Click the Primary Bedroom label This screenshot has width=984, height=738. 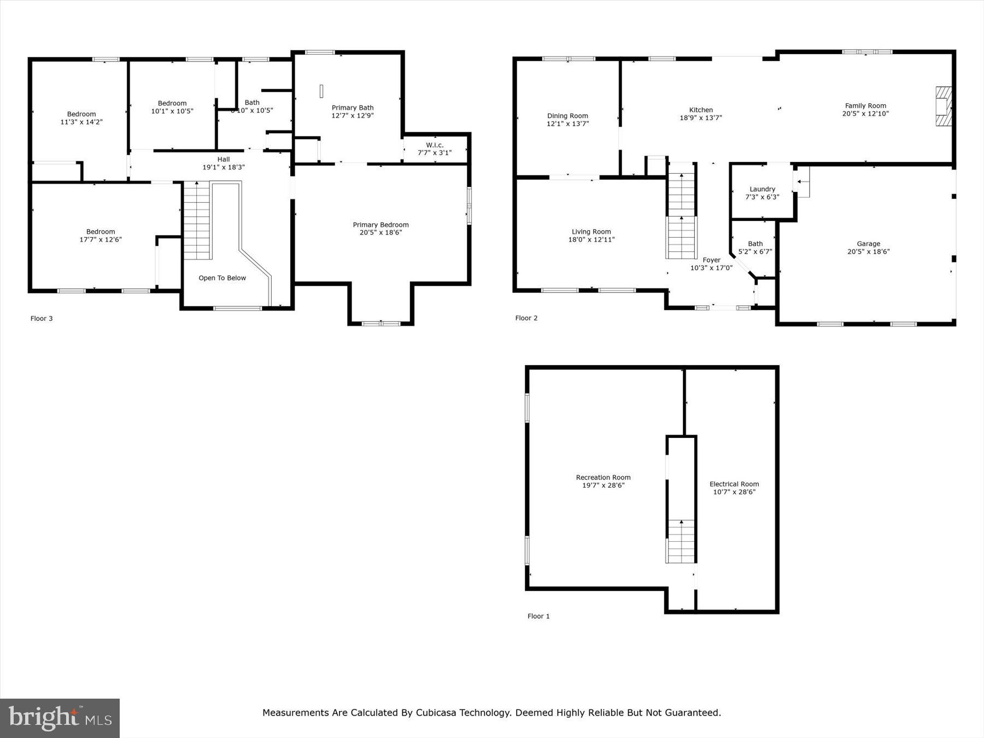[x=380, y=225]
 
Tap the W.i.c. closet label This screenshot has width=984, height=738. [x=435, y=145]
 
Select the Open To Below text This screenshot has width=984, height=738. [x=222, y=278]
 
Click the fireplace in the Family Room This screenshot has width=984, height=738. [x=943, y=107]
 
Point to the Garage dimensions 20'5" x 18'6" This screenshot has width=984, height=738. [x=868, y=252]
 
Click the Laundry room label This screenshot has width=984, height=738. [x=762, y=189]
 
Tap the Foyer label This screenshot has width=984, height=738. [x=711, y=260]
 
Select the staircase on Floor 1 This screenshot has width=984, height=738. [x=681, y=541]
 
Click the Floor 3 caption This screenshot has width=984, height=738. [x=42, y=319]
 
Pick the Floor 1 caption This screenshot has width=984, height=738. [x=538, y=616]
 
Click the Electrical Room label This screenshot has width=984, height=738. [x=734, y=484]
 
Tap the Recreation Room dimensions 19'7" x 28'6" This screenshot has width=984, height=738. [x=603, y=485]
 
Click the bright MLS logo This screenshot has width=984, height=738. [x=60, y=718]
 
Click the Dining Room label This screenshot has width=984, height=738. [x=567, y=116]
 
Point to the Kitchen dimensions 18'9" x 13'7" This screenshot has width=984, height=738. [x=701, y=118]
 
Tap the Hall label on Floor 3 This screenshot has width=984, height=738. [x=224, y=160]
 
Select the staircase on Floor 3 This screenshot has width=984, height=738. [x=197, y=221]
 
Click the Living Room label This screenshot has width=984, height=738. [x=591, y=232]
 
